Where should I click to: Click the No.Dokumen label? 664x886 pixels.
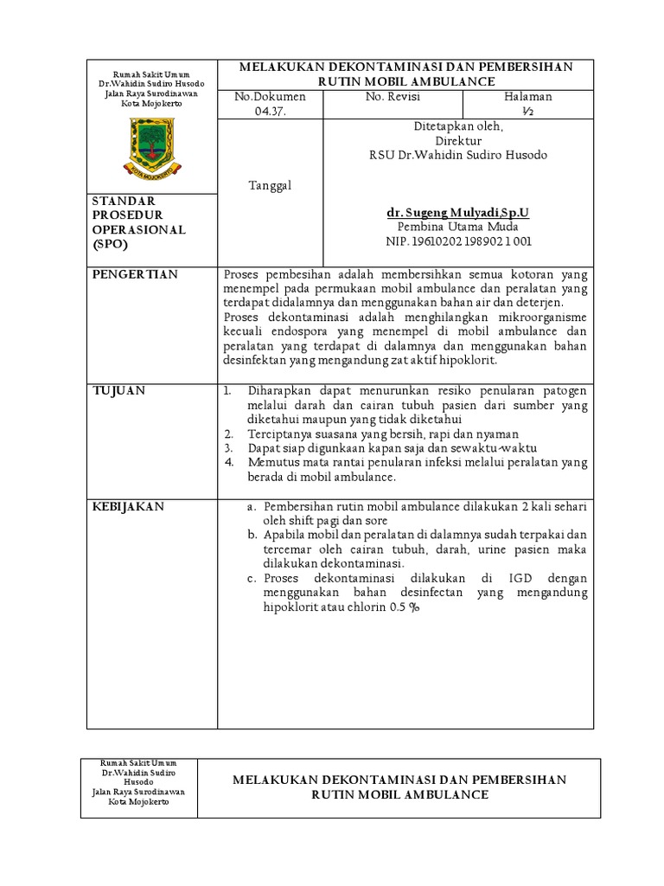point(269,97)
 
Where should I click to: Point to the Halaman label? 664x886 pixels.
point(528,97)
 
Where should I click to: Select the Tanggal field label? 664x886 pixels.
point(270,185)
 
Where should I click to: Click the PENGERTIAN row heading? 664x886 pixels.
point(135,274)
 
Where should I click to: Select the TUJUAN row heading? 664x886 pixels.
point(119,391)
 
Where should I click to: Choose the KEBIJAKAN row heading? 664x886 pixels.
point(128,507)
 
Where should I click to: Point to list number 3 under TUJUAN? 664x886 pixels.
point(228,448)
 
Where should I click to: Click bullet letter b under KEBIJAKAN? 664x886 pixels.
point(252,535)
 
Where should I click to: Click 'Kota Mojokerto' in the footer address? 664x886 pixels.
point(139,801)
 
